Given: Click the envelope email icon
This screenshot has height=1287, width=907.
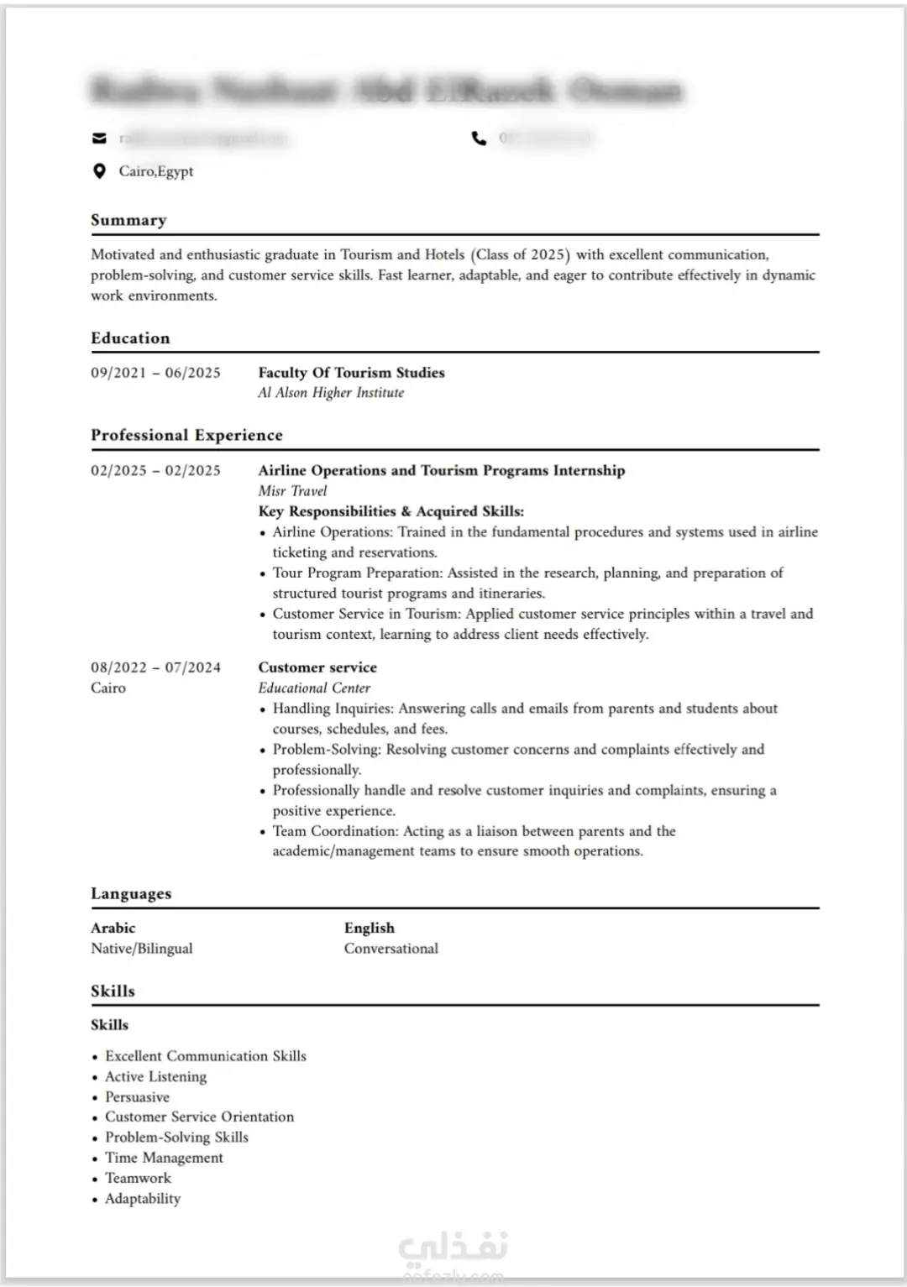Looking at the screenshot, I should (99, 139).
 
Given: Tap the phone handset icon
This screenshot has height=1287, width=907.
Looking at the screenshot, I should (479, 139).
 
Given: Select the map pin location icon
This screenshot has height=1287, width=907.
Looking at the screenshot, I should (99, 171).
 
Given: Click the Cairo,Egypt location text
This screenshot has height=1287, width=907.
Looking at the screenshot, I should (156, 171).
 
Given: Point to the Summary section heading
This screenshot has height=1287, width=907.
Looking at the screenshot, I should (128, 220).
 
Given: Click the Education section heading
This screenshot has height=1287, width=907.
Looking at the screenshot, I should (130, 338).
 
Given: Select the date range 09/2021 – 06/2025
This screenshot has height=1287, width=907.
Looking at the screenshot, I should (155, 373).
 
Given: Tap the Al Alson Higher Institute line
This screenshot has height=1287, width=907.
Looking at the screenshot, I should (331, 393).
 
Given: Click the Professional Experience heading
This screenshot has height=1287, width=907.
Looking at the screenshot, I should (186, 435).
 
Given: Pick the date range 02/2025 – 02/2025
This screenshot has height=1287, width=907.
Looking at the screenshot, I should (155, 471).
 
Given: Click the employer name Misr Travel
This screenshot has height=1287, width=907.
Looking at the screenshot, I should (292, 491).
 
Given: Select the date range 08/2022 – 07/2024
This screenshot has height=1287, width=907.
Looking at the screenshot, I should (155, 667).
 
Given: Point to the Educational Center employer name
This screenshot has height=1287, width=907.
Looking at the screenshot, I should (314, 688).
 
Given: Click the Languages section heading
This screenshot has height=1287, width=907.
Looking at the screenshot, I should (131, 894).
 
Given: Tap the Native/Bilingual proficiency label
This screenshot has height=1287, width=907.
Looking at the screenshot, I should (141, 949).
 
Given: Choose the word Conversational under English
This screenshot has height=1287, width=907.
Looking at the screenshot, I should (391, 949).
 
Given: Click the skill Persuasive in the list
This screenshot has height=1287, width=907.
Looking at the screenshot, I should (137, 1097).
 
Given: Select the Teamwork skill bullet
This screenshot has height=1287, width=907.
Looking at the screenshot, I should (138, 1179).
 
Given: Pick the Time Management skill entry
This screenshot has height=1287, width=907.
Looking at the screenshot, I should (164, 1158).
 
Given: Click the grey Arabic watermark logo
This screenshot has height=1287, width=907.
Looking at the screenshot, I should (453, 1248).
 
